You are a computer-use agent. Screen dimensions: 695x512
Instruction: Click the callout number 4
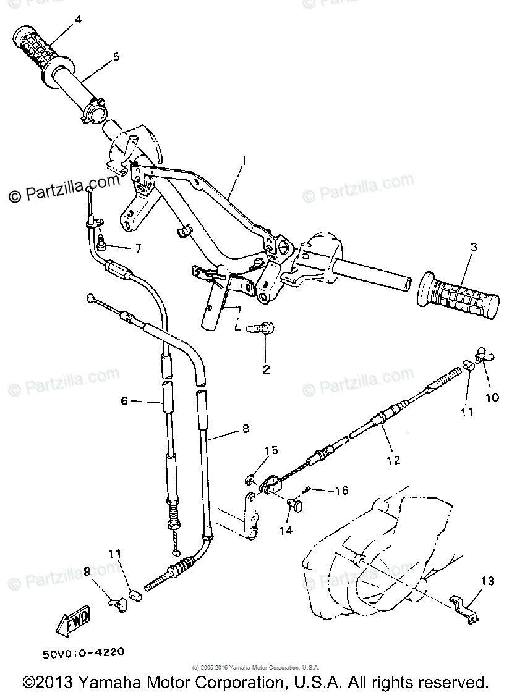(77, 19)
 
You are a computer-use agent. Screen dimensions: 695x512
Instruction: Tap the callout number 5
(116, 56)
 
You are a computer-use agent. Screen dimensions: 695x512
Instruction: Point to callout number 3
(473, 248)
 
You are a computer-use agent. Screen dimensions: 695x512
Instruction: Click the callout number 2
(267, 370)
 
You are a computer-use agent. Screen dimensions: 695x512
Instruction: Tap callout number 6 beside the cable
(124, 400)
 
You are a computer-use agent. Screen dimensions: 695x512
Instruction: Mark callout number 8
(245, 427)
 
